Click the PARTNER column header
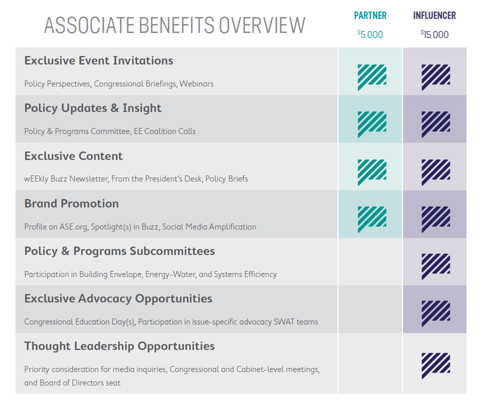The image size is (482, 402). (370, 15)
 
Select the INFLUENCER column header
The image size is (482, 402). (434, 15)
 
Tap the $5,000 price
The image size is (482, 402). (370, 34)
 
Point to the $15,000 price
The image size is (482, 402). (434, 34)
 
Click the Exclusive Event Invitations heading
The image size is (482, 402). (98, 60)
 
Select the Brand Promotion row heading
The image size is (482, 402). (71, 203)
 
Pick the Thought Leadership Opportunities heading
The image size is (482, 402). (119, 346)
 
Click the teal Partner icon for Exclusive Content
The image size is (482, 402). (371, 172)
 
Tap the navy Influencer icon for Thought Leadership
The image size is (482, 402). (435, 365)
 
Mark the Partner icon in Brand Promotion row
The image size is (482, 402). (371, 219)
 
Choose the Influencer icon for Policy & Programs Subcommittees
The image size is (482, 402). (435, 267)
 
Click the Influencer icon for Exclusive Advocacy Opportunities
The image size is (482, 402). (435, 313)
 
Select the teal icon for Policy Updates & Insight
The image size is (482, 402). (371, 124)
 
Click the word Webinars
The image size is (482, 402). (196, 83)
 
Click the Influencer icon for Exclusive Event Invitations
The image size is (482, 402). (435, 76)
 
